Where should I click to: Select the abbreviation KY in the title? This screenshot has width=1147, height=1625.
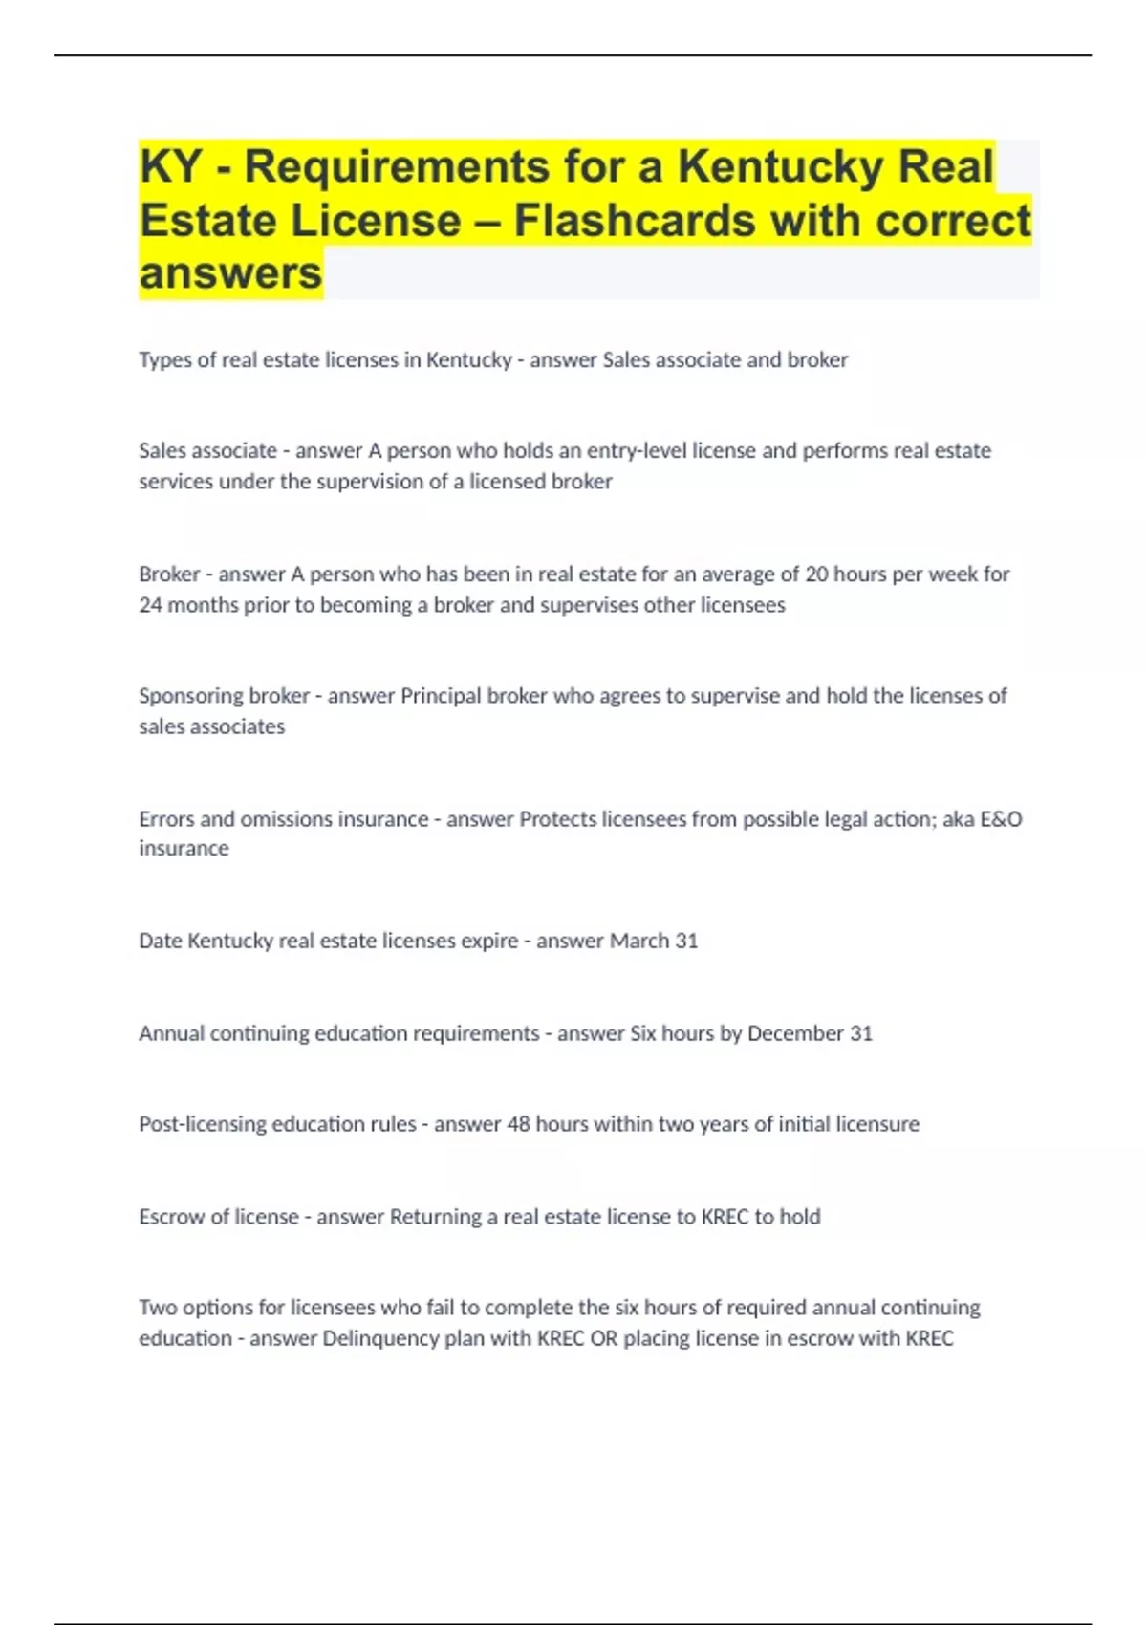coord(170,166)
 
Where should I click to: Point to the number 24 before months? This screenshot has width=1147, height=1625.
coord(151,605)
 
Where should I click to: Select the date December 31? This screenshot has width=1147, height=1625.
coord(810,1033)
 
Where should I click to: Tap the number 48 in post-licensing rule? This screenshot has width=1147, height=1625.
coord(518,1124)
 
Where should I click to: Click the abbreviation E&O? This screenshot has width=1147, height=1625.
coord(1001,819)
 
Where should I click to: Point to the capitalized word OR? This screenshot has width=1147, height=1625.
coord(603,1338)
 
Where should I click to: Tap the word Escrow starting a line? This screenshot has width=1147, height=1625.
coord(171,1217)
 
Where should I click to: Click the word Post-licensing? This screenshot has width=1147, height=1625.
coord(205,1124)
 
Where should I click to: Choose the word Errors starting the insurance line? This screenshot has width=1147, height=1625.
coord(166,819)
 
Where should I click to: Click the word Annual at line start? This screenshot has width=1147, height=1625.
coord(171,1033)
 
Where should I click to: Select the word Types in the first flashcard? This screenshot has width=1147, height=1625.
coord(164,360)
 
